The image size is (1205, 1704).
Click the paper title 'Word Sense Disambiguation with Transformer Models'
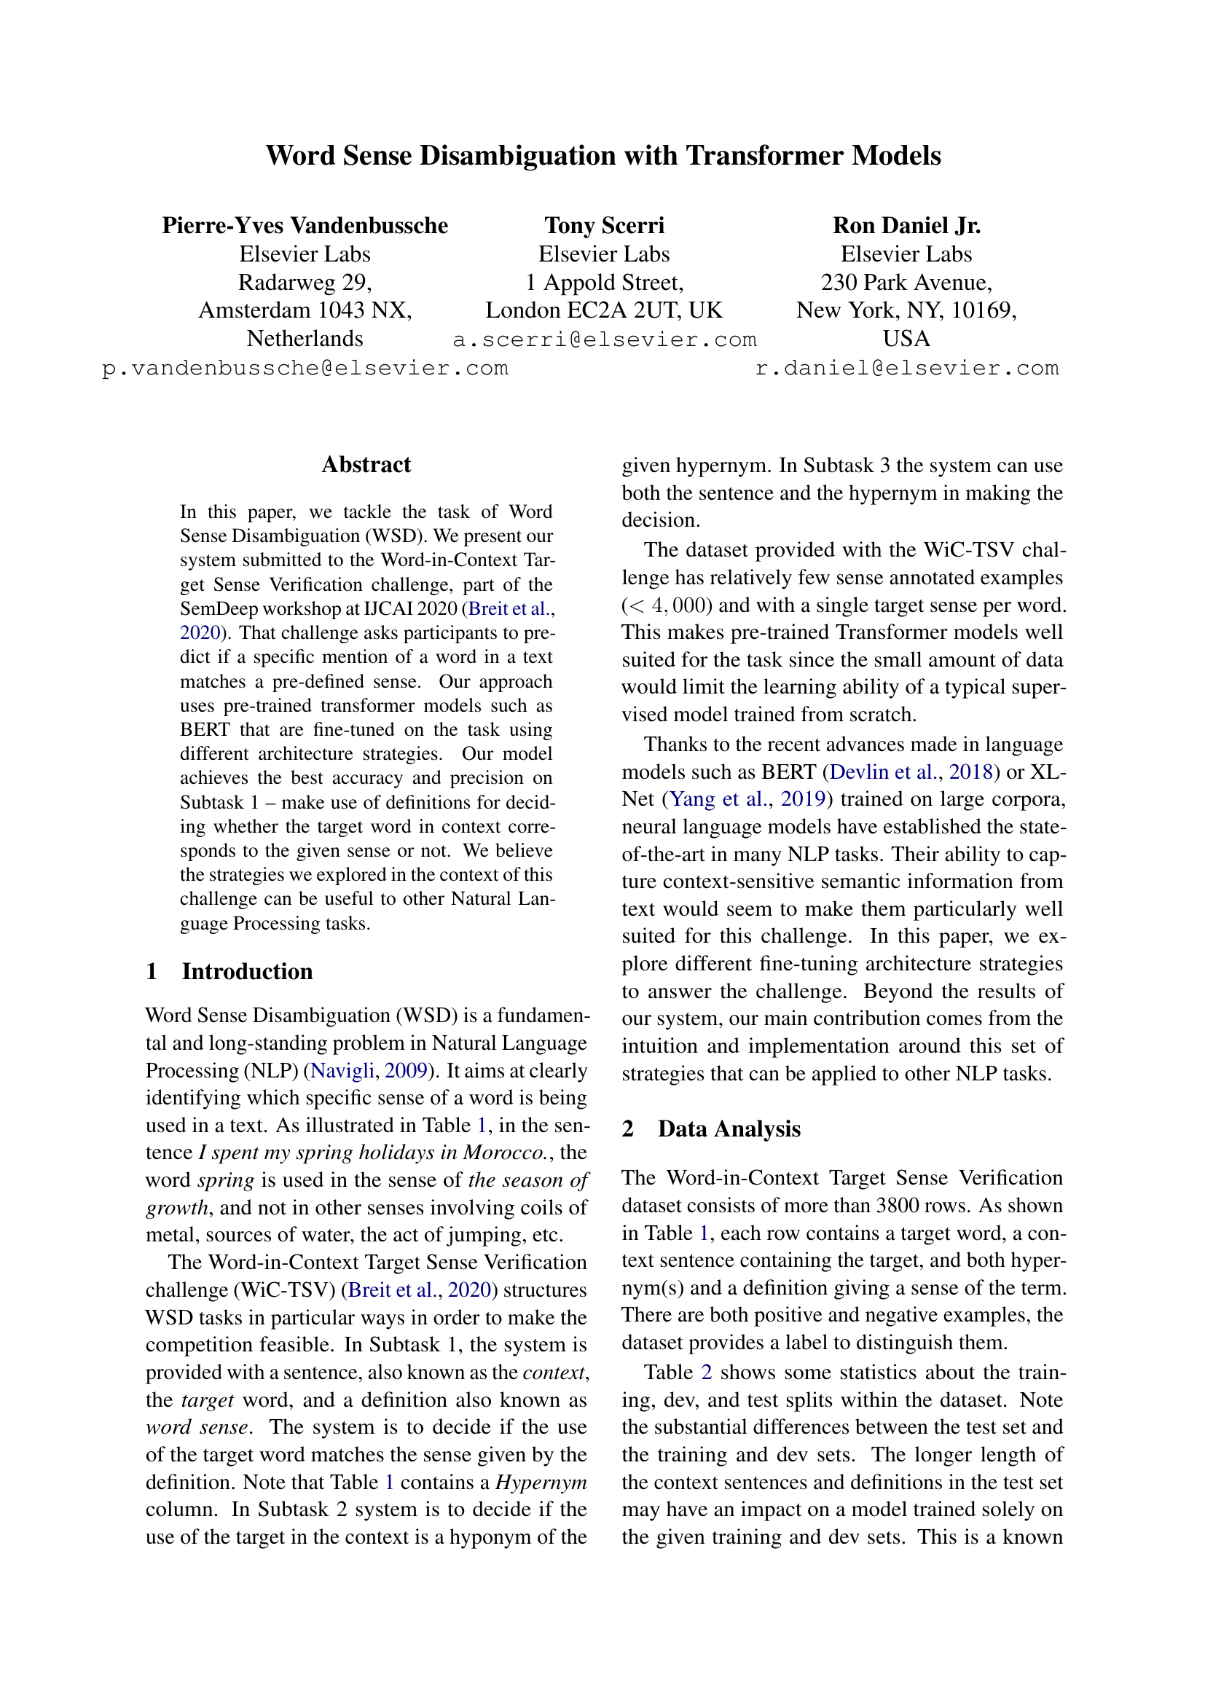coord(602,156)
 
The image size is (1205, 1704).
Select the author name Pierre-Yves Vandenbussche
coord(305,226)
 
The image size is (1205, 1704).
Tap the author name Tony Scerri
coord(604,226)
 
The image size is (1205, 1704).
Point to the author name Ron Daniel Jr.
coord(906,226)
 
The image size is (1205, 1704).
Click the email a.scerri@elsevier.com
coord(604,340)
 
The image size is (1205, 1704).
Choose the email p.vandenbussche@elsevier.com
coord(305,368)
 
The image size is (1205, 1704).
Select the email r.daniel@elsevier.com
coord(907,368)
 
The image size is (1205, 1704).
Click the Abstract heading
coord(366,465)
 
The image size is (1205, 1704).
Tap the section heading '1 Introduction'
coord(229,972)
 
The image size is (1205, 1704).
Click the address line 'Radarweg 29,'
coord(305,283)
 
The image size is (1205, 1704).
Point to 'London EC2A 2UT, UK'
coord(604,310)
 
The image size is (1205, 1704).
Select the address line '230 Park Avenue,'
coord(906,283)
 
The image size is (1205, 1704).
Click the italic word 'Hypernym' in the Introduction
coord(541,1482)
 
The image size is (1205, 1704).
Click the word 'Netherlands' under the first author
coord(305,339)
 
